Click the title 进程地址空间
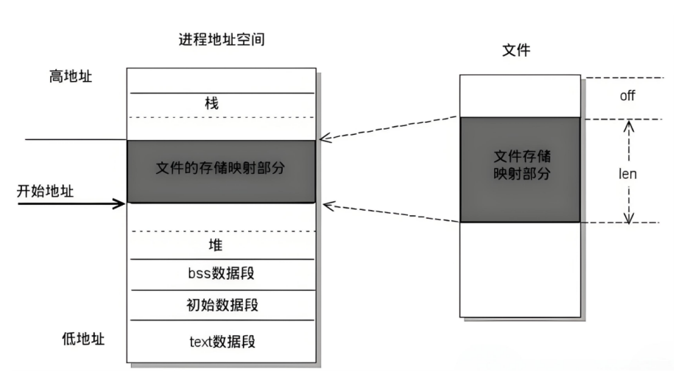coord(222,40)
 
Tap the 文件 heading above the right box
coord(515,51)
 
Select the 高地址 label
coord(66,76)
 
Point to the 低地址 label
coord(83,339)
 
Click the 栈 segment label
coord(211,104)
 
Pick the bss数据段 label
coord(222,274)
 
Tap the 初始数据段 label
coord(222,305)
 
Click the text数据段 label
coord(222,342)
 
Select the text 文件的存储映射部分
coord(221,167)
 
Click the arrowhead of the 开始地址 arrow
coord(121,203)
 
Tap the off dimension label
coord(627,96)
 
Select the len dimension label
coord(628,175)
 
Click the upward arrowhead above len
coord(628,127)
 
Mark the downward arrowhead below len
coord(628,217)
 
